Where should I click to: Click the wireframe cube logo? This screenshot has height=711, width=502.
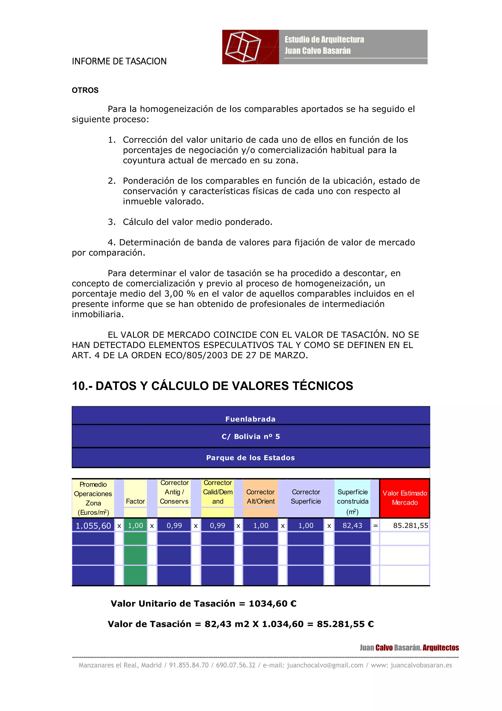point(243,47)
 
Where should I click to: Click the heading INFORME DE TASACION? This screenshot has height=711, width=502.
point(119,61)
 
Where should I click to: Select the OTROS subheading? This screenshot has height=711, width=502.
point(85,91)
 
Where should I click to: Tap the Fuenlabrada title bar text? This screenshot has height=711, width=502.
point(250,419)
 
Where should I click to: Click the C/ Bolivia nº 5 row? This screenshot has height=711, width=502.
point(251,436)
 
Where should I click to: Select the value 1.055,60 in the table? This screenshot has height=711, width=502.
point(93,526)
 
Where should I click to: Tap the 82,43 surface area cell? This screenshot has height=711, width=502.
point(352,526)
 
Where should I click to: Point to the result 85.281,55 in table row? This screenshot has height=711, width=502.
point(410,526)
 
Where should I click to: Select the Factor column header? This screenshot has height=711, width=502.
point(135,501)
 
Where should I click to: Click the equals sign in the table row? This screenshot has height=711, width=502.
point(375,526)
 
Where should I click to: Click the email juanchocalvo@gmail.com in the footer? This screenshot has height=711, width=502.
point(325,665)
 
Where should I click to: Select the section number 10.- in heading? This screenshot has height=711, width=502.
point(82,386)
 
